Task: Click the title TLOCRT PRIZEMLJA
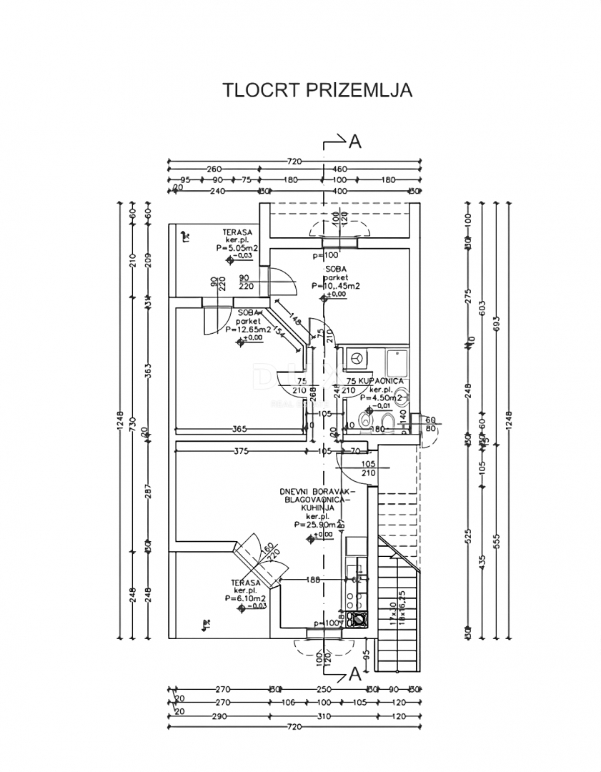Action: (x=318, y=91)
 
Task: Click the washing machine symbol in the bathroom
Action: (x=355, y=356)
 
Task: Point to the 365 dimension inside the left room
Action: (x=239, y=429)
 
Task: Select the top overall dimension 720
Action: (x=294, y=161)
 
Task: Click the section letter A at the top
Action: (x=355, y=142)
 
